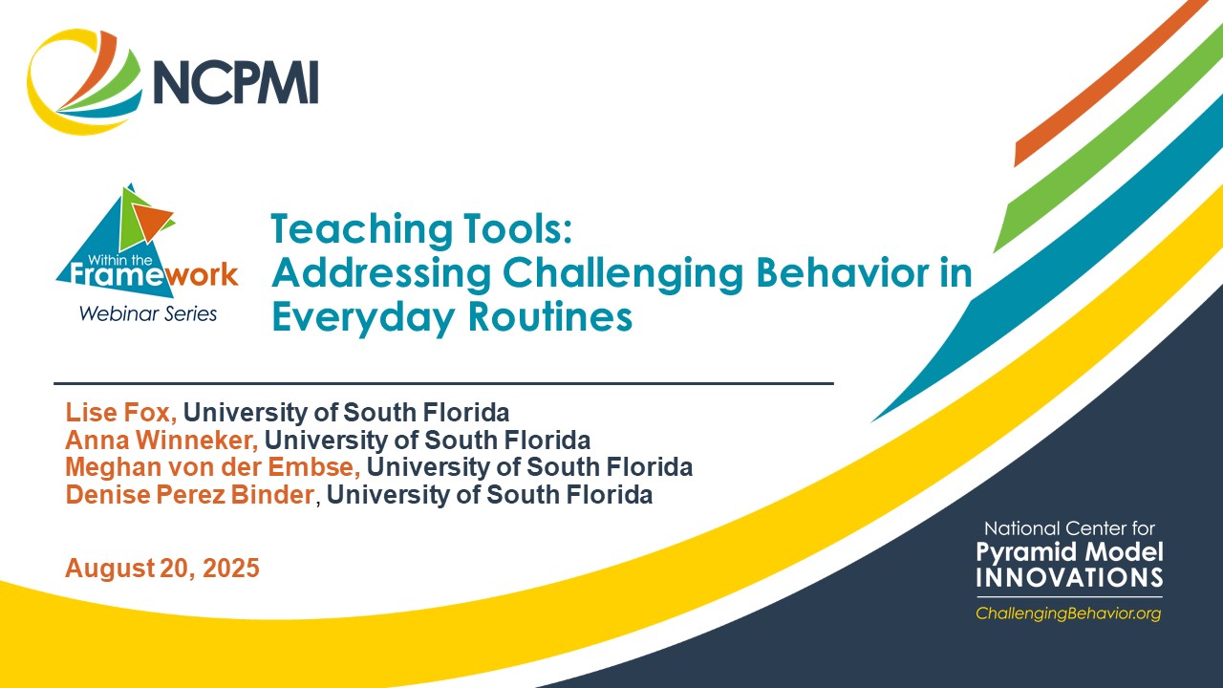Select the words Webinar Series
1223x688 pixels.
tap(147, 313)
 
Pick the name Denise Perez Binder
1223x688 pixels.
tap(189, 495)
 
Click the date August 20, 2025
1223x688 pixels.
tap(162, 569)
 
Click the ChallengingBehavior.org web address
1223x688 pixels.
tap(1068, 613)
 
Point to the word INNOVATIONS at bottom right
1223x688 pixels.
tap(1069, 577)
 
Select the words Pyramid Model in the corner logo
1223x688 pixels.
tap(1069, 551)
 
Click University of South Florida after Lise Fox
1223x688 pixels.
tap(346, 413)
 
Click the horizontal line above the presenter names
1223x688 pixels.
tap(443, 383)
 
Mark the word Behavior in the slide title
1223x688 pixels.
tap(828, 273)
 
